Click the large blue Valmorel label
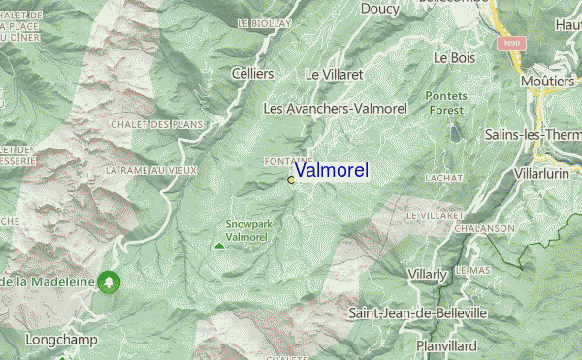331,171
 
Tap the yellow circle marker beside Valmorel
291,180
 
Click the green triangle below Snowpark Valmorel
219,245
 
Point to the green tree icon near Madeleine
110,282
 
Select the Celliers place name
253,74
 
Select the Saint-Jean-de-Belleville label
418,313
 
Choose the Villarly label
428,276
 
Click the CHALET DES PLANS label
153,125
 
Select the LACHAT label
444,179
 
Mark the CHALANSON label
483,228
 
